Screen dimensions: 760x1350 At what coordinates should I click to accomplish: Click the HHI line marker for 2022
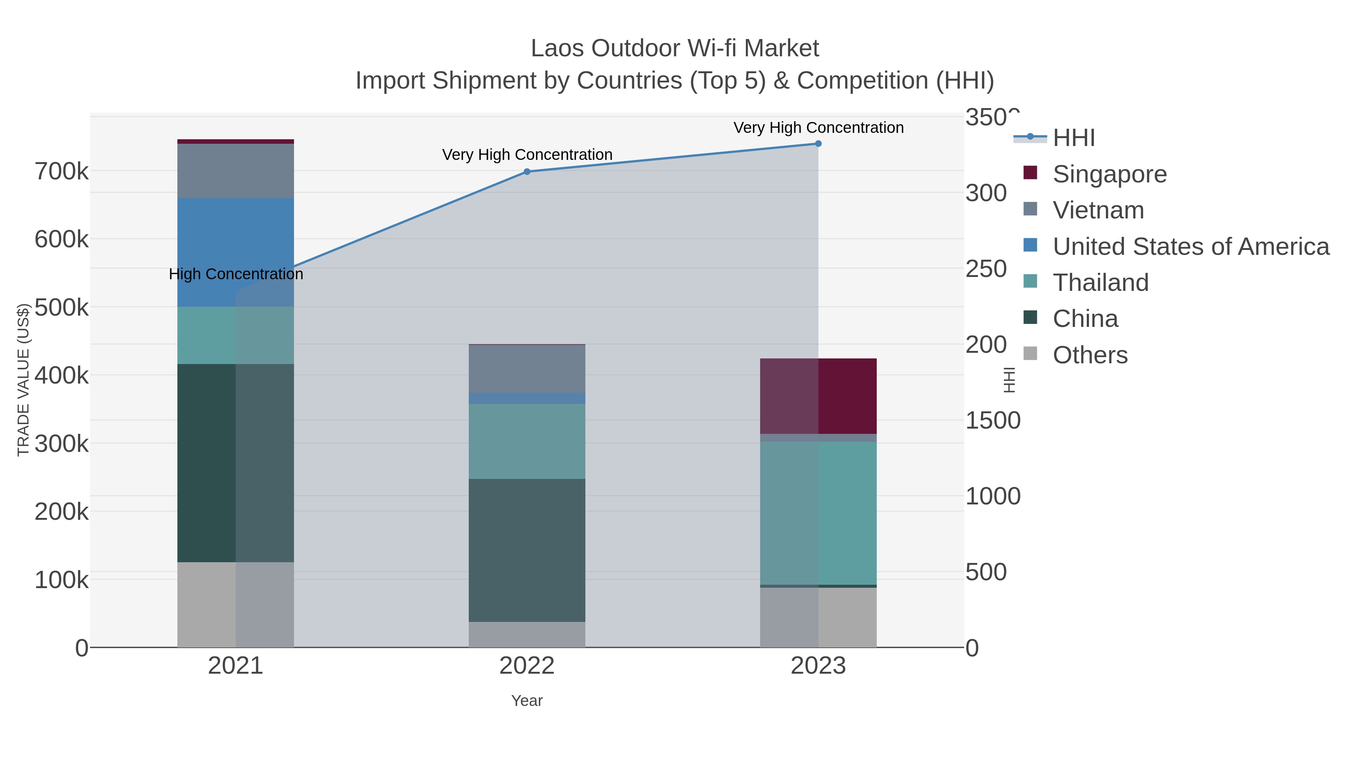(527, 172)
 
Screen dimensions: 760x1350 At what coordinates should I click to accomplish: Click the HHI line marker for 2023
(818, 144)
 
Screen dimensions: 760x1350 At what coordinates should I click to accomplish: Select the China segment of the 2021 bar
(235, 463)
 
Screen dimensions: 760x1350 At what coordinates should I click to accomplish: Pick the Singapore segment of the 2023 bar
(818, 396)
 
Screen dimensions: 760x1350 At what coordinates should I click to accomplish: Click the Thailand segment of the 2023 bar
(818, 513)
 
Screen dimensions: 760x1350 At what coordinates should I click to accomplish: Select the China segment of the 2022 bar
(527, 550)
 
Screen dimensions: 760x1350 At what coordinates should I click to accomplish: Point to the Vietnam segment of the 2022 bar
(527, 369)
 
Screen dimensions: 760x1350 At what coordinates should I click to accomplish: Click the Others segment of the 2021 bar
(235, 604)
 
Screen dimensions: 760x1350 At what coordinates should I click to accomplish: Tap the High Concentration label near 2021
(236, 274)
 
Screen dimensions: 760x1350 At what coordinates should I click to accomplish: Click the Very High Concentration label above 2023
(818, 128)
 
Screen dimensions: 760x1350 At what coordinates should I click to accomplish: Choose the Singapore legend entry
(1109, 174)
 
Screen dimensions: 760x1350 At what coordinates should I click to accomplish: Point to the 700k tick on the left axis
(61, 172)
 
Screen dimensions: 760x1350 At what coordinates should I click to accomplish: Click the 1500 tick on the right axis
(993, 421)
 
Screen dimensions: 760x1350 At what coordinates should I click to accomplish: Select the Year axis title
(527, 701)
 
